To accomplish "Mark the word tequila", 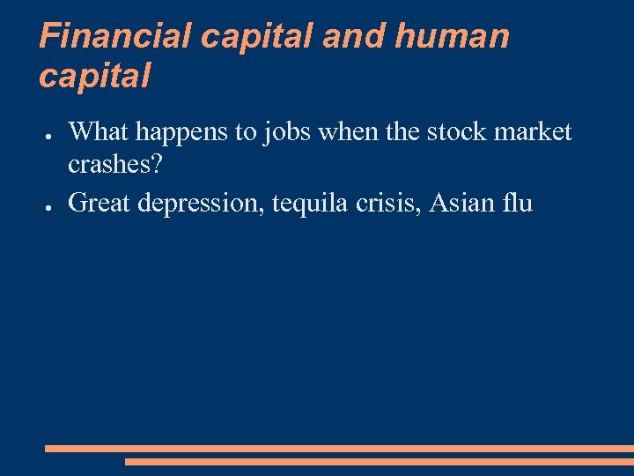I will click(309, 204).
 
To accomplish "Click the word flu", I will click(520, 203).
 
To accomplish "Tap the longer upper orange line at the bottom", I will click(339, 449).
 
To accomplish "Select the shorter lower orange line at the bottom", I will click(379, 461).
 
